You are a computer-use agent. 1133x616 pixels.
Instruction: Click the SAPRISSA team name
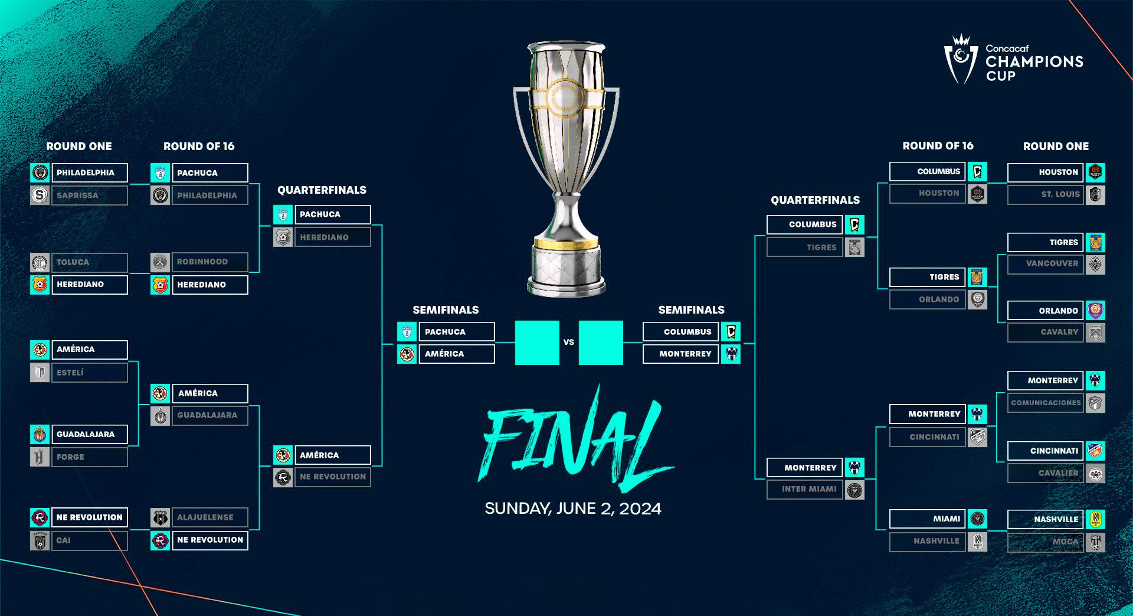coord(78,195)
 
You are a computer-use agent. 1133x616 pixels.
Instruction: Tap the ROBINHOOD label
coord(202,262)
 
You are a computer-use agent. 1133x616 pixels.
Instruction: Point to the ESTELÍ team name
coord(70,373)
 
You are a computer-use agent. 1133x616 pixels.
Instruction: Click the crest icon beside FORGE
coord(40,457)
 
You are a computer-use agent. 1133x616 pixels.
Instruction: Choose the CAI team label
coord(64,540)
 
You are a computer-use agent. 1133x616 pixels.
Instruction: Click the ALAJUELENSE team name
coord(205,517)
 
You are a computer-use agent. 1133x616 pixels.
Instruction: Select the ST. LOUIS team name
coord(1060,194)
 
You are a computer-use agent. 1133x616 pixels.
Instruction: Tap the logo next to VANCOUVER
coord(1095,264)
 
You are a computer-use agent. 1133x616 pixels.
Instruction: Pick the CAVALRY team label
coord(1059,332)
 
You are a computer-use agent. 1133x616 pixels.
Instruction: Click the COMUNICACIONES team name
coord(1046,403)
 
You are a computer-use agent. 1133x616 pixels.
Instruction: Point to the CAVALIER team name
coord(1058,473)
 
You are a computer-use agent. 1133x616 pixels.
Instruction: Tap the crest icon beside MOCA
coord(1095,542)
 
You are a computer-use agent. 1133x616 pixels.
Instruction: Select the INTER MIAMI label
coord(809,489)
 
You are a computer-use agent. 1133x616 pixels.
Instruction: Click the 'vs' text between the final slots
coord(569,342)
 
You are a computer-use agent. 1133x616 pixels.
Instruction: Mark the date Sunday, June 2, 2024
coord(573,509)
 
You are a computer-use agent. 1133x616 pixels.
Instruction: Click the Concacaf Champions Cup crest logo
coord(961,61)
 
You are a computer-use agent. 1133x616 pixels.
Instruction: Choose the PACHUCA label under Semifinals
coord(445,332)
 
